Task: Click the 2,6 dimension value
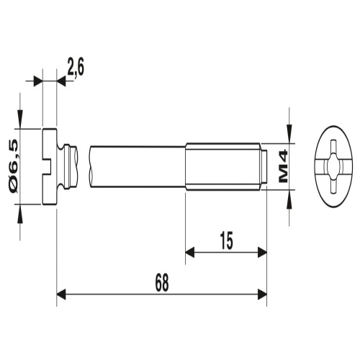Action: (76, 66)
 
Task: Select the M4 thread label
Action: (283, 166)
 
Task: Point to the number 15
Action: (227, 240)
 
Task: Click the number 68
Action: (161, 282)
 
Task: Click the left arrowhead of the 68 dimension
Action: (61, 294)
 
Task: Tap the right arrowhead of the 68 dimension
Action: (262, 294)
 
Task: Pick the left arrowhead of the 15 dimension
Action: (190, 253)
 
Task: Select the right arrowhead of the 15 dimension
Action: (262, 253)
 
